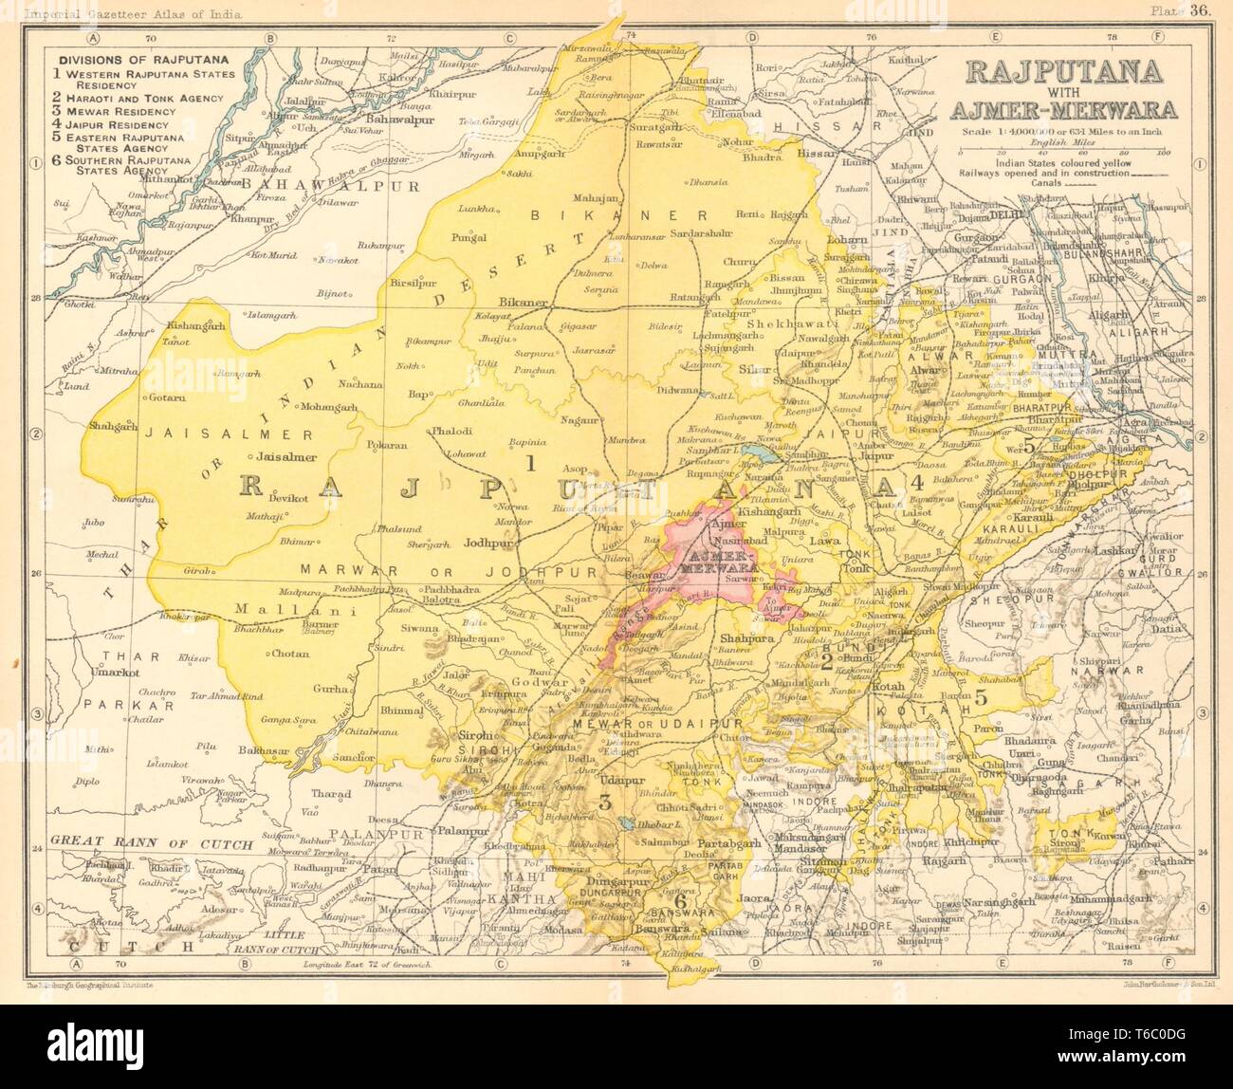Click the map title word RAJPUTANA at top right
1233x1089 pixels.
point(1070,70)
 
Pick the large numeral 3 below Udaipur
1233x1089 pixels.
point(604,802)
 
